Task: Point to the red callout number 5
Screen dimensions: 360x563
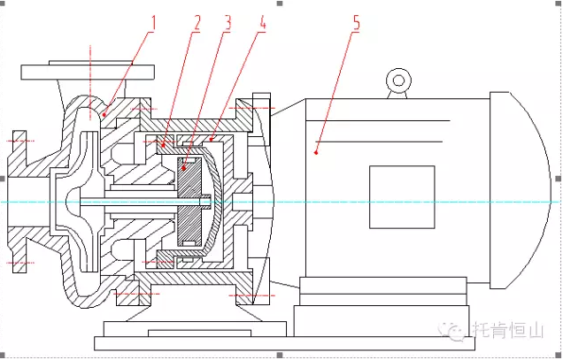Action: tap(357, 23)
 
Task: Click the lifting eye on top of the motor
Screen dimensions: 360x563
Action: tap(398, 81)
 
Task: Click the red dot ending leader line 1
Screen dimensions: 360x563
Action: tap(104, 113)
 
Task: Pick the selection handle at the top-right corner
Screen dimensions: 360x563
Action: tap(559, 4)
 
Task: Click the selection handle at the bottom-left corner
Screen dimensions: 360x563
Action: tap(4, 355)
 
